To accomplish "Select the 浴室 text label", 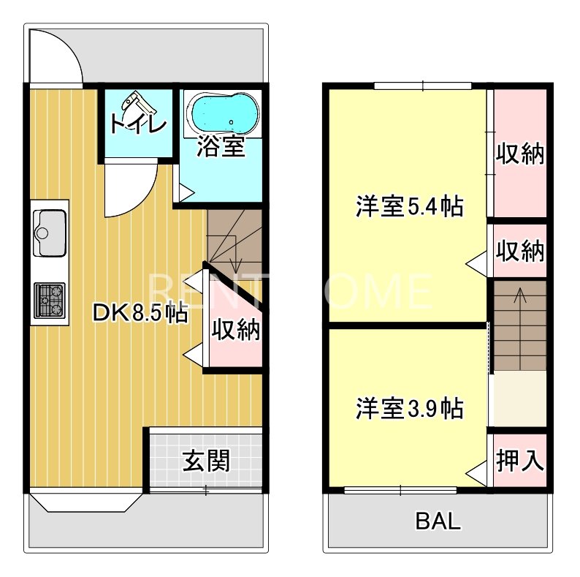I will [x=221, y=147].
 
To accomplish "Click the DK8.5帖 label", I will [x=139, y=313].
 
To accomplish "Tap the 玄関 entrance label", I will [x=206, y=461].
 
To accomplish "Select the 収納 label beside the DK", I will [x=236, y=331].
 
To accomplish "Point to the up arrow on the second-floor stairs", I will [x=519, y=296].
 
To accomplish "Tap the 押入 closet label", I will [x=520, y=461].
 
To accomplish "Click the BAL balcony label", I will [x=438, y=521].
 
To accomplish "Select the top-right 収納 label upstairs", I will [x=520, y=154].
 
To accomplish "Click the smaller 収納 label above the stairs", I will [x=520, y=251].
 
